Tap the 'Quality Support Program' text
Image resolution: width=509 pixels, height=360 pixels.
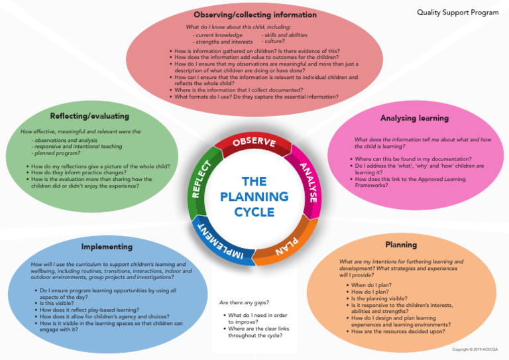tap(458, 13)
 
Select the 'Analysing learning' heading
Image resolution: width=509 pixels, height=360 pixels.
tap(414, 118)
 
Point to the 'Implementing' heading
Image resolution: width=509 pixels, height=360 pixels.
tap(106, 247)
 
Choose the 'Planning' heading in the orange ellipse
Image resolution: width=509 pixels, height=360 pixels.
tap(401, 245)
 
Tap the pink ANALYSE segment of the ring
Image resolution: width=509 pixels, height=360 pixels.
tap(307, 181)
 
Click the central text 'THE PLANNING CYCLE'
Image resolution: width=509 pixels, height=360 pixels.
tap(254, 196)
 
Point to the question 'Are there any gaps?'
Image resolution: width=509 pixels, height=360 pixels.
tap(244, 302)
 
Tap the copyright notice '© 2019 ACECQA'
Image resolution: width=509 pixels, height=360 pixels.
tap(475, 349)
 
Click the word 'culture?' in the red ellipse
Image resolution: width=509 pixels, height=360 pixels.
tap(276, 41)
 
